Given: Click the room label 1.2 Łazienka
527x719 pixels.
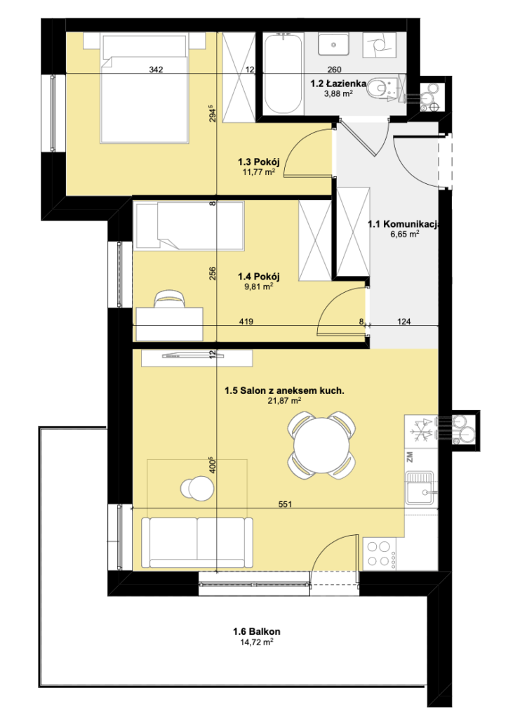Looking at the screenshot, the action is (338, 84).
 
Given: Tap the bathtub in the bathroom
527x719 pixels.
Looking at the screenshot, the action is (283, 74).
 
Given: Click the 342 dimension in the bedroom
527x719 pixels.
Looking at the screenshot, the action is (156, 70).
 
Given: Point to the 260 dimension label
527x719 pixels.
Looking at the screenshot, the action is (335, 70).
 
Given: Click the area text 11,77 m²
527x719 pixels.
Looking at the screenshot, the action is (258, 173).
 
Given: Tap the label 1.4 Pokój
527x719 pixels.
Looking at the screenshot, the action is (258, 277).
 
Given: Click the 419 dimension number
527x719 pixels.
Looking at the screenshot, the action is (246, 322).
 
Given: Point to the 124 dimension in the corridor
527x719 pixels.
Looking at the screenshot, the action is (403, 322).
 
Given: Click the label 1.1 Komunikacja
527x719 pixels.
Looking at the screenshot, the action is (404, 224).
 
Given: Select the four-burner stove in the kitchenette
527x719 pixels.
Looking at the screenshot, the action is (380, 554).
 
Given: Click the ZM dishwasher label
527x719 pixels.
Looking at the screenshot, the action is (410, 457).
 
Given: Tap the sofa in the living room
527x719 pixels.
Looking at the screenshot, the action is (197, 543).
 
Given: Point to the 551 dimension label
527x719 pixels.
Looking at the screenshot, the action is (285, 504).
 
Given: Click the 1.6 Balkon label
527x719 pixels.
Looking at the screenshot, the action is (257, 631).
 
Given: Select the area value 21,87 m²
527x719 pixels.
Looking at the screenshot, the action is (284, 401).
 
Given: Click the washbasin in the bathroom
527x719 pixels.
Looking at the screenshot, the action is (334, 45).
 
